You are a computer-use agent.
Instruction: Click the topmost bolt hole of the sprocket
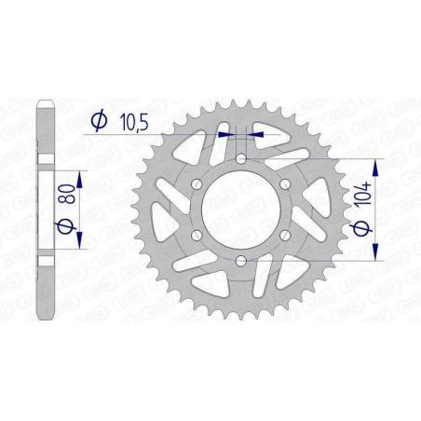[x=242, y=161]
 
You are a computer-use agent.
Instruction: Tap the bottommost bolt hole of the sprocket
[x=242, y=262]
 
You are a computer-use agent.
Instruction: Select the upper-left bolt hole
[x=198, y=186]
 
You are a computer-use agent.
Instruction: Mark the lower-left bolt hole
[x=198, y=237]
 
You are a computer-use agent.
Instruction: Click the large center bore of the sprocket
[x=242, y=211]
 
